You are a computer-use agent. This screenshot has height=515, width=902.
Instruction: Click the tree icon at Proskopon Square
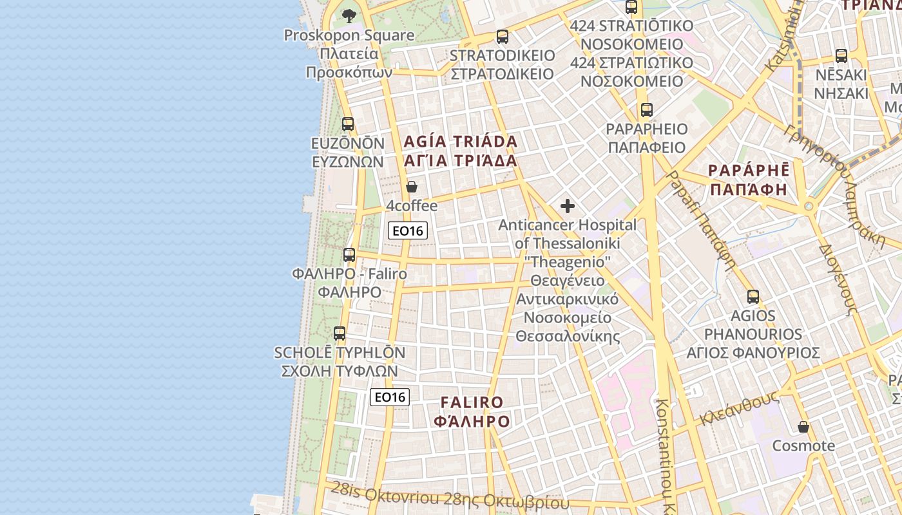[349, 15]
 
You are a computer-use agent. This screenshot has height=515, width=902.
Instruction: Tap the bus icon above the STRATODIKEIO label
[502, 37]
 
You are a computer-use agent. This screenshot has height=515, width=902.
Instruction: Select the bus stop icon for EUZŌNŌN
[348, 124]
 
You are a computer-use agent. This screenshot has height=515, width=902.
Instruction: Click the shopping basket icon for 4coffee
[412, 187]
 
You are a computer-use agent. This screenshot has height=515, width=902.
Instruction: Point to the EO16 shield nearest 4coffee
[408, 230]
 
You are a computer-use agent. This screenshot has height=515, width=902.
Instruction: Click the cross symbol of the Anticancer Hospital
[567, 206]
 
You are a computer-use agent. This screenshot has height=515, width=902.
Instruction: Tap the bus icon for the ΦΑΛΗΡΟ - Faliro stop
[349, 254]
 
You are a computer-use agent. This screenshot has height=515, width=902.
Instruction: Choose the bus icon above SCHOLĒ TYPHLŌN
[340, 333]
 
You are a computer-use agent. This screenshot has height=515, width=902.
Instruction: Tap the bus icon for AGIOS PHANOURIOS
[753, 297]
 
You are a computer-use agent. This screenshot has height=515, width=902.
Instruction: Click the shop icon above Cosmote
[803, 427]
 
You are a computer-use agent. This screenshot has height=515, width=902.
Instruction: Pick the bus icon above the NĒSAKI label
[841, 56]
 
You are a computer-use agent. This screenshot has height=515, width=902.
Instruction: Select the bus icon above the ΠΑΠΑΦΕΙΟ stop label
[646, 109]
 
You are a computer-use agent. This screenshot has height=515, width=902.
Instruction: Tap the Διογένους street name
[838, 279]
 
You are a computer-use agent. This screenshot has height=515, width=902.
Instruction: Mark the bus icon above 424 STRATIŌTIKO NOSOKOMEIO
[631, 8]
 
